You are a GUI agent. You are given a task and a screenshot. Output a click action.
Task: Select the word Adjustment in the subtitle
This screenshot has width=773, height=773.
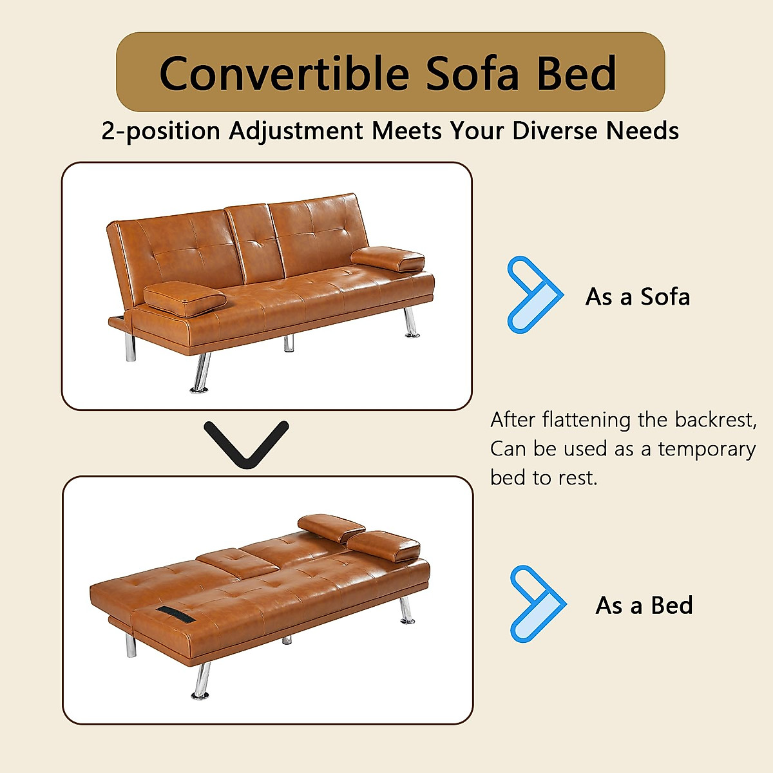[x=296, y=131]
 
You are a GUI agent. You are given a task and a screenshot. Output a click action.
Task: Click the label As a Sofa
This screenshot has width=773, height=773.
[x=637, y=297]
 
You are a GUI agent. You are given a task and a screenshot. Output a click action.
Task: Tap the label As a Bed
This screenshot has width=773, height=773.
[x=644, y=606]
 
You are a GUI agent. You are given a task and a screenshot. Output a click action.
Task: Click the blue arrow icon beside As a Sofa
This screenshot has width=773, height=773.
[x=533, y=294]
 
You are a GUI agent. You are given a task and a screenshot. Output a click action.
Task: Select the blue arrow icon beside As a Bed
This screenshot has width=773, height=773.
[x=536, y=604]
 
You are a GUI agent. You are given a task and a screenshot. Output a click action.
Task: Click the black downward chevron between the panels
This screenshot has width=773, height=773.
[x=246, y=443]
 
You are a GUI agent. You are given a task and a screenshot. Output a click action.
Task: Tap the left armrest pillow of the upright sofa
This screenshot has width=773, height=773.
[x=185, y=298]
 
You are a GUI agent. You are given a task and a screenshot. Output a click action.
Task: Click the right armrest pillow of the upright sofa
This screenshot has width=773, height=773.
[x=388, y=259]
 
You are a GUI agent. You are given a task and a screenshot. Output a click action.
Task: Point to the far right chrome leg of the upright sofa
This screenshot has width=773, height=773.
[x=410, y=323]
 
